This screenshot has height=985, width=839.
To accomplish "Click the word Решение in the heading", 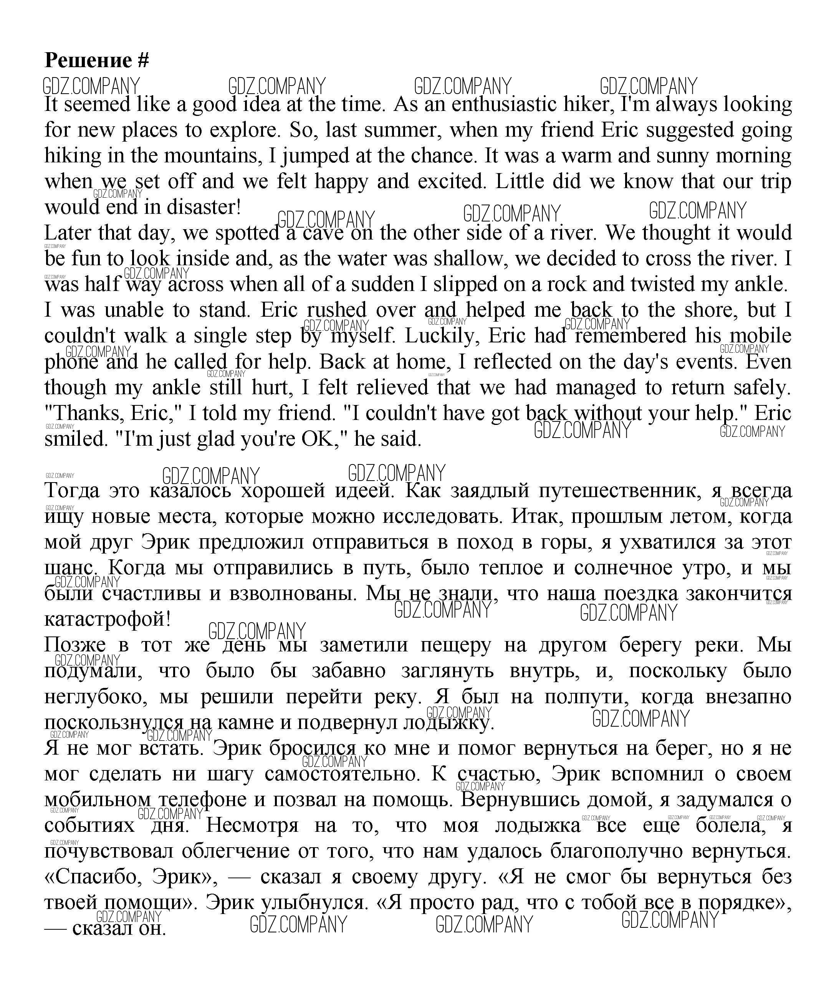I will coord(88,60).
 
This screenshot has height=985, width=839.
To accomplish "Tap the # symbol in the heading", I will coord(143,60).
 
